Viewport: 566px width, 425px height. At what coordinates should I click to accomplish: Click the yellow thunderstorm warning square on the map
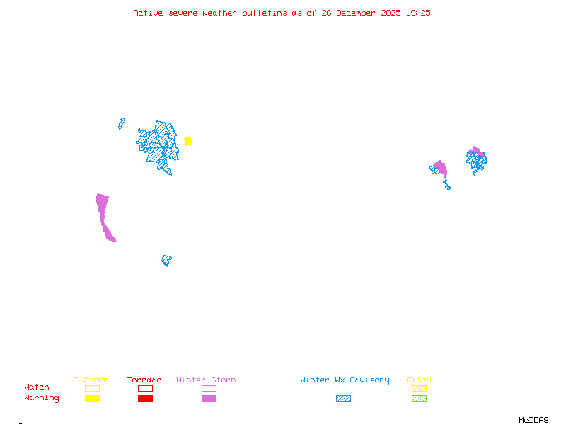(x=188, y=141)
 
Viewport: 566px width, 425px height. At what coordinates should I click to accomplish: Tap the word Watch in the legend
(x=37, y=387)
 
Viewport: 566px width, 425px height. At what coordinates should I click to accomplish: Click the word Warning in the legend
(x=42, y=398)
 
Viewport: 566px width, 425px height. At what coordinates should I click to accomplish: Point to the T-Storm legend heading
(x=91, y=380)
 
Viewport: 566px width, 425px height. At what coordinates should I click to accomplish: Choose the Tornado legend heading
(x=144, y=380)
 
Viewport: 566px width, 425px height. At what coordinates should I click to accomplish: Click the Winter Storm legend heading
(x=206, y=380)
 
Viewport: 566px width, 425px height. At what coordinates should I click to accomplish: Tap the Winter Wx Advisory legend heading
(x=345, y=380)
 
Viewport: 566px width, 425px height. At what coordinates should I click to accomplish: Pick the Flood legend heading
(x=419, y=380)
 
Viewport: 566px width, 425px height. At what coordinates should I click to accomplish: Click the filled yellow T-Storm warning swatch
(x=92, y=399)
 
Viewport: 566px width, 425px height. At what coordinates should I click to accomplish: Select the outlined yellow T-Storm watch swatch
(x=92, y=388)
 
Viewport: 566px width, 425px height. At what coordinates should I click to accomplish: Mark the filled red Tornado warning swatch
(x=145, y=399)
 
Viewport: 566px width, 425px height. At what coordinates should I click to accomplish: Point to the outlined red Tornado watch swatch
(x=145, y=388)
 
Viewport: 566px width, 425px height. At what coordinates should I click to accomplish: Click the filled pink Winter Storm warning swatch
(x=209, y=399)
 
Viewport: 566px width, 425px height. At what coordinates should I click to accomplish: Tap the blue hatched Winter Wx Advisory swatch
(x=343, y=399)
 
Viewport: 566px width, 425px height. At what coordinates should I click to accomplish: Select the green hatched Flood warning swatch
(x=419, y=399)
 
